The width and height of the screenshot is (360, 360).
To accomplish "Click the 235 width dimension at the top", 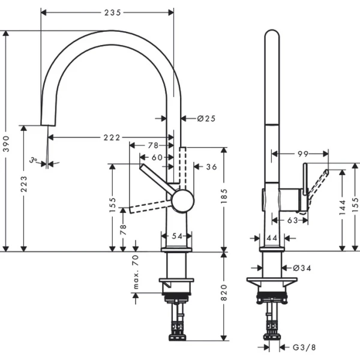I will (x=107, y=11).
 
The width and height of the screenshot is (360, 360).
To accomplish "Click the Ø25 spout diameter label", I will (x=206, y=118).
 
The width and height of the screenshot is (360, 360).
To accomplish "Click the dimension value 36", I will (x=211, y=167).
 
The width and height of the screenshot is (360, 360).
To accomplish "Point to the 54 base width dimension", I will (x=177, y=236).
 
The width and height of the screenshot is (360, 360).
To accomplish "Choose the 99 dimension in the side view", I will (x=302, y=154).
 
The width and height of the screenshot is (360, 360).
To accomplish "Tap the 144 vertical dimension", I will (x=343, y=208).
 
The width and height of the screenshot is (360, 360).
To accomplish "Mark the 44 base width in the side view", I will (x=271, y=238).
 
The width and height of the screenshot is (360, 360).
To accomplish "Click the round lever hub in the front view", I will (x=182, y=200).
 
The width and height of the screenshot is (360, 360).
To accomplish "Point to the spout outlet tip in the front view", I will (x=44, y=125).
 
